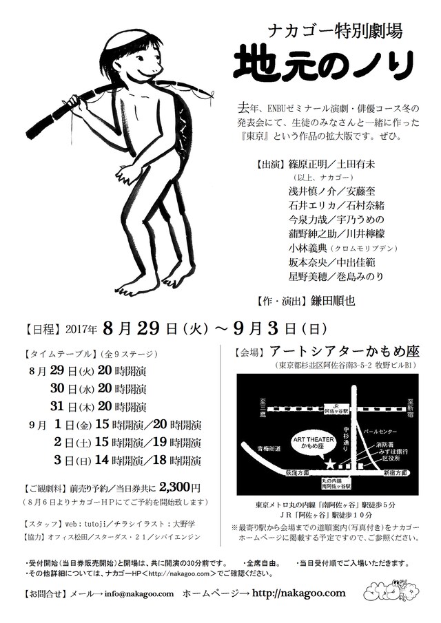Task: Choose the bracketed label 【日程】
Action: [39, 326]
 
